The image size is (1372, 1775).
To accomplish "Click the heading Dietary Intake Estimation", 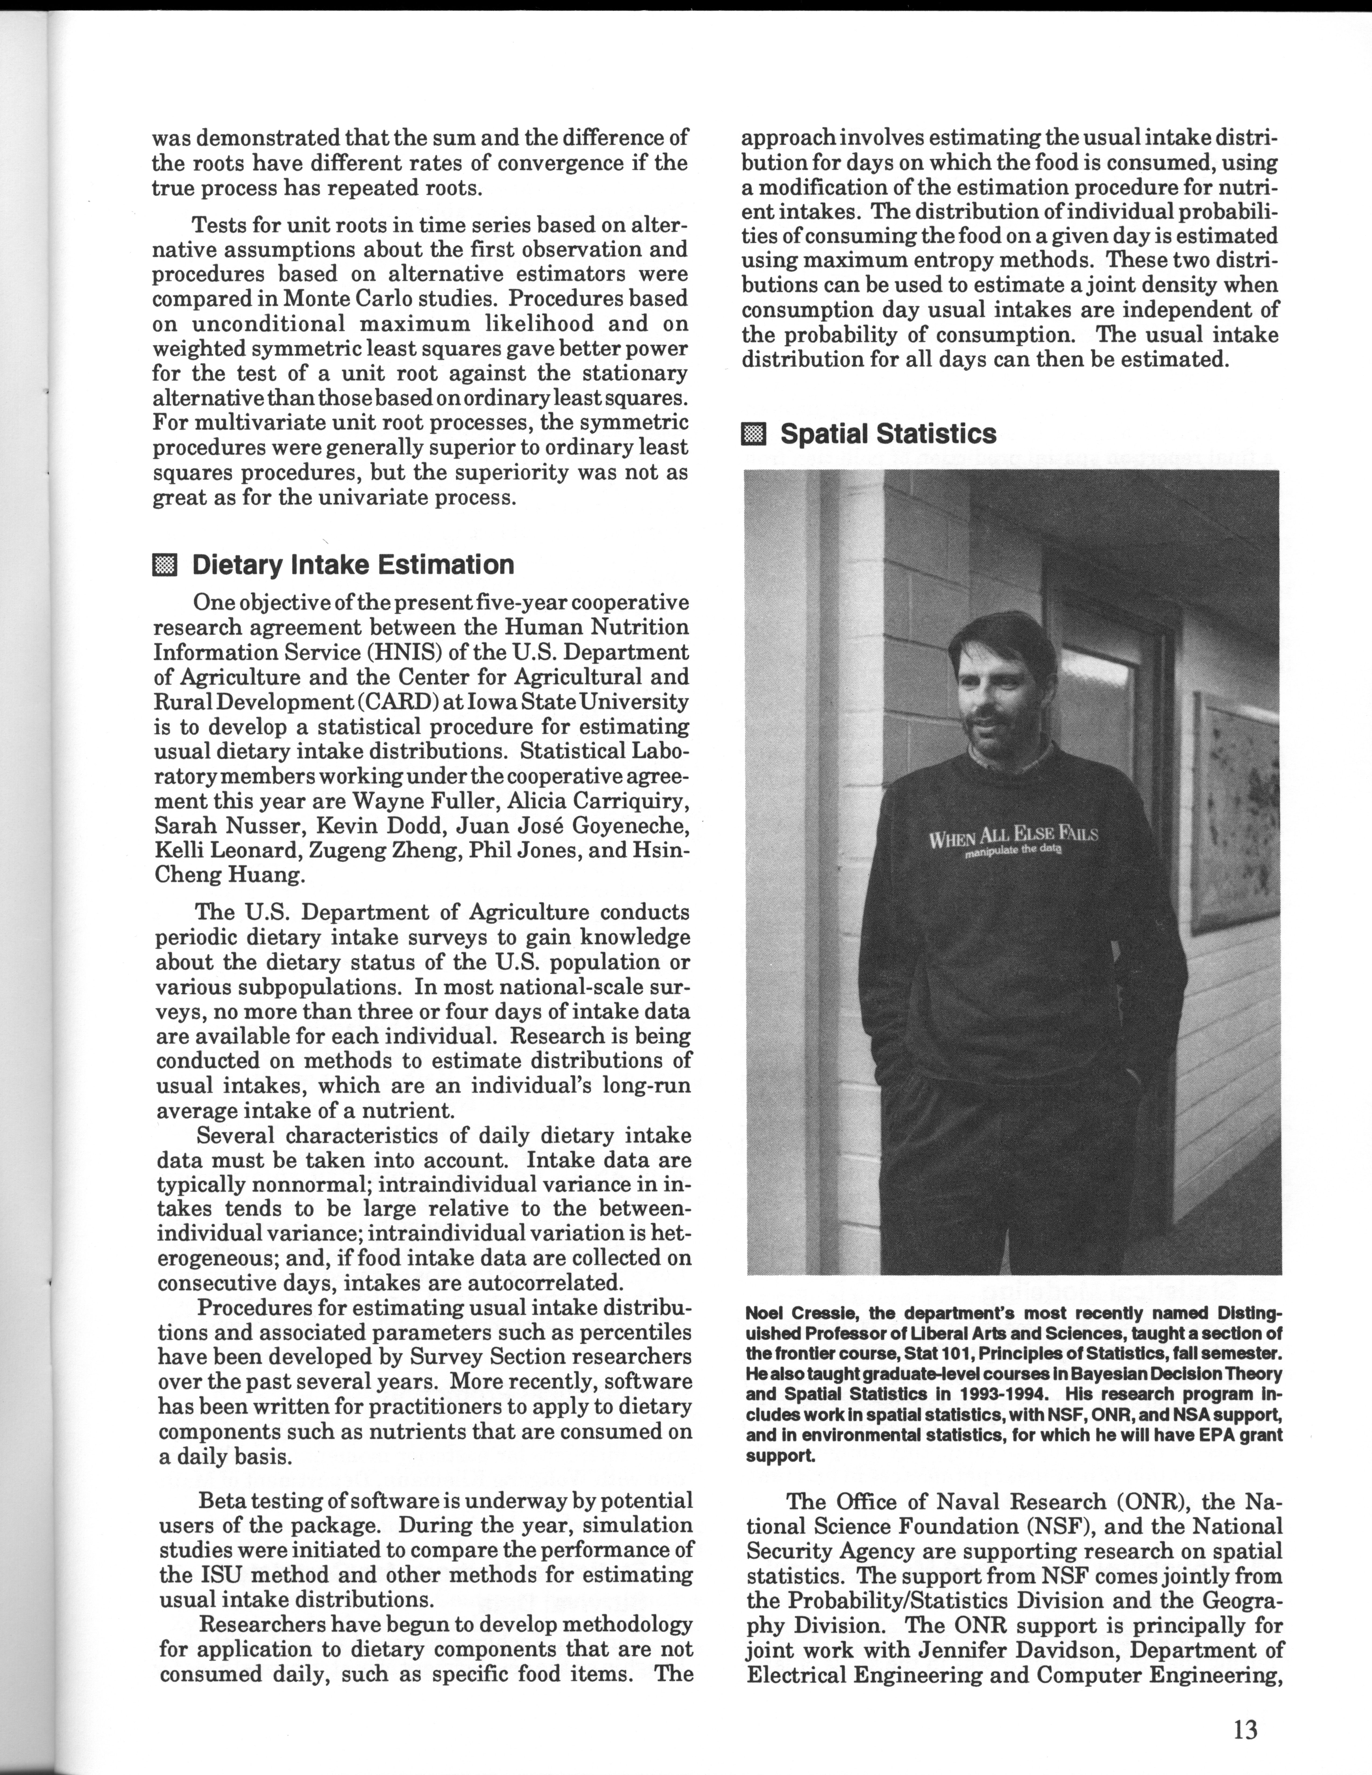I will click(x=353, y=565).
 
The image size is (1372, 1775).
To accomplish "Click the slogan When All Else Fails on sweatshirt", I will click(x=1013, y=836).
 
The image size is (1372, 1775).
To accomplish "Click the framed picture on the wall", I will click(x=1235, y=813).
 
